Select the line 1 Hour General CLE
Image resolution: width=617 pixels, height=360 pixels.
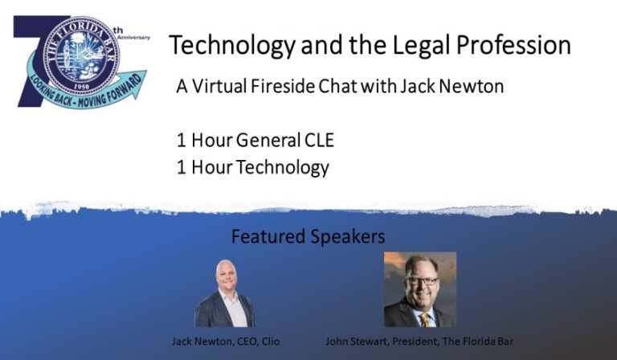click(255, 141)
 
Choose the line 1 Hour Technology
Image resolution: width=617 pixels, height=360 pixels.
click(252, 167)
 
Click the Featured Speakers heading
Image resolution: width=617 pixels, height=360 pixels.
click(308, 237)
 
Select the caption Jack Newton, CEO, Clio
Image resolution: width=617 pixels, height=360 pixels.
click(224, 341)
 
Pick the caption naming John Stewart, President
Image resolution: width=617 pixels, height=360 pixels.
click(419, 341)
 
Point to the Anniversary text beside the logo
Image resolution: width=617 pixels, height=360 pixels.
click(133, 37)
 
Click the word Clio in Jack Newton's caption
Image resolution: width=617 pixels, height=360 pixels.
click(267, 341)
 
